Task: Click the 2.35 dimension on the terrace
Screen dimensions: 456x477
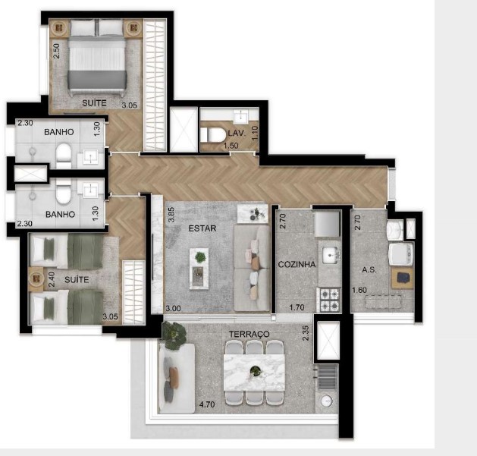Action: [x=305, y=333]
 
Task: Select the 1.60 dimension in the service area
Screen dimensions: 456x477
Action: [x=359, y=289]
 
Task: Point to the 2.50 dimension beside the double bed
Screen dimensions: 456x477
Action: [x=56, y=51]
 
